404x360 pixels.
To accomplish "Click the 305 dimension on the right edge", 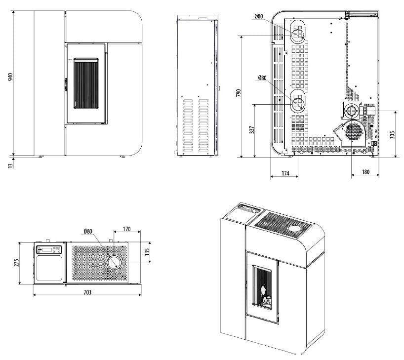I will [392, 134].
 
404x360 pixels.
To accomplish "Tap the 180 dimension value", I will [365, 172].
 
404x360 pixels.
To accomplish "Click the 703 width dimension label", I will [87, 292].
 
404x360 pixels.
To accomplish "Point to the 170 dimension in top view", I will [126, 229].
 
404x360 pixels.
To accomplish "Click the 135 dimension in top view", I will [147, 252].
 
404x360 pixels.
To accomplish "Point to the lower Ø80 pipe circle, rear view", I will [298, 104].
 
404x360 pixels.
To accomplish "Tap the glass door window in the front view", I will [86, 83].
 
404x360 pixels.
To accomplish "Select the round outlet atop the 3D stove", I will [296, 229].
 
